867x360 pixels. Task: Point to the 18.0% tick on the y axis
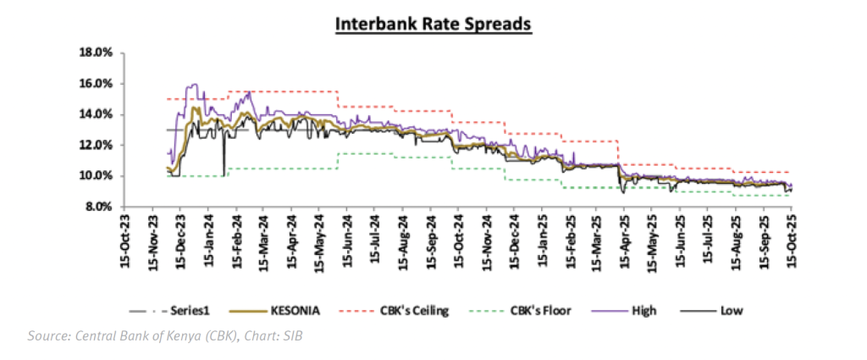[x=96, y=53]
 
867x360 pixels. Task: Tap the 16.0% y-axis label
[x=96, y=84]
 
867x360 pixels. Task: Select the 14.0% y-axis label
[x=96, y=114]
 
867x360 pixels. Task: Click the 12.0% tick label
[x=96, y=145]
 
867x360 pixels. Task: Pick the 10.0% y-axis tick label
[x=96, y=176]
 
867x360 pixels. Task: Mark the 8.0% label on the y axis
[x=98, y=207]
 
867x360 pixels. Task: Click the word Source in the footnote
[x=47, y=336]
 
